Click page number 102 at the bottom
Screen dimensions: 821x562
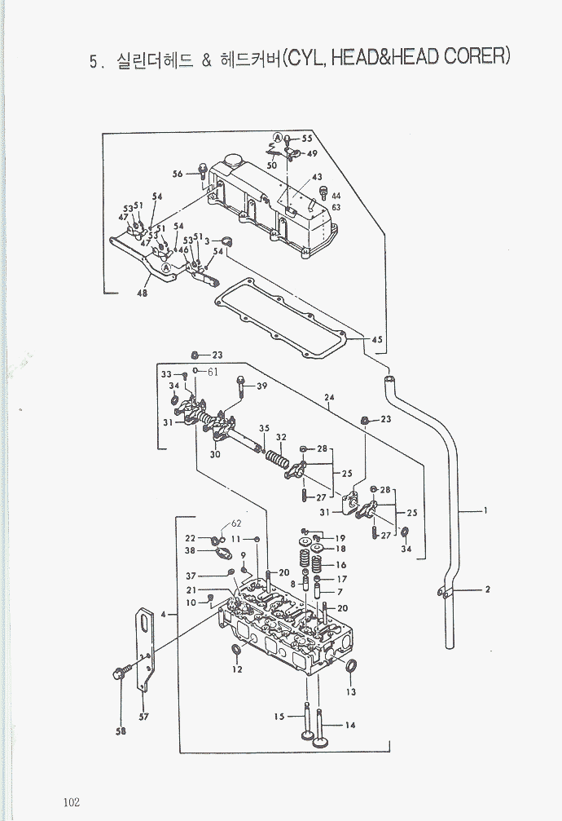click(69, 801)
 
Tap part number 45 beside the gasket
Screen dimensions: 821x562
click(376, 339)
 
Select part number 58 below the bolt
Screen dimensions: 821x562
click(121, 731)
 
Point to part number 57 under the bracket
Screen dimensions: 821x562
click(144, 717)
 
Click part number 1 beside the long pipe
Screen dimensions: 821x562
click(485, 511)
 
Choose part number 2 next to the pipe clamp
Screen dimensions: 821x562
click(487, 589)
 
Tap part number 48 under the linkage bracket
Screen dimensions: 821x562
click(143, 294)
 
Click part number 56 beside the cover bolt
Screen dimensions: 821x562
click(178, 174)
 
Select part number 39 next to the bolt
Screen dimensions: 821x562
click(261, 386)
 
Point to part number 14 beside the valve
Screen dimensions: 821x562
click(350, 725)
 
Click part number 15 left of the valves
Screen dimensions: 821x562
click(279, 717)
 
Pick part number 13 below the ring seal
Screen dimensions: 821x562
click(350, 692)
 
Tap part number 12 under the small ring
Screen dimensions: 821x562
click(237, 669)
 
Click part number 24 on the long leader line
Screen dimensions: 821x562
click(329, 399)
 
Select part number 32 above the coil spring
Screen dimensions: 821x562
click(280, 437)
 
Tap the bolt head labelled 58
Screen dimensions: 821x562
click(118, 674)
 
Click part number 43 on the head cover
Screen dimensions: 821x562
click(316, 177)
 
